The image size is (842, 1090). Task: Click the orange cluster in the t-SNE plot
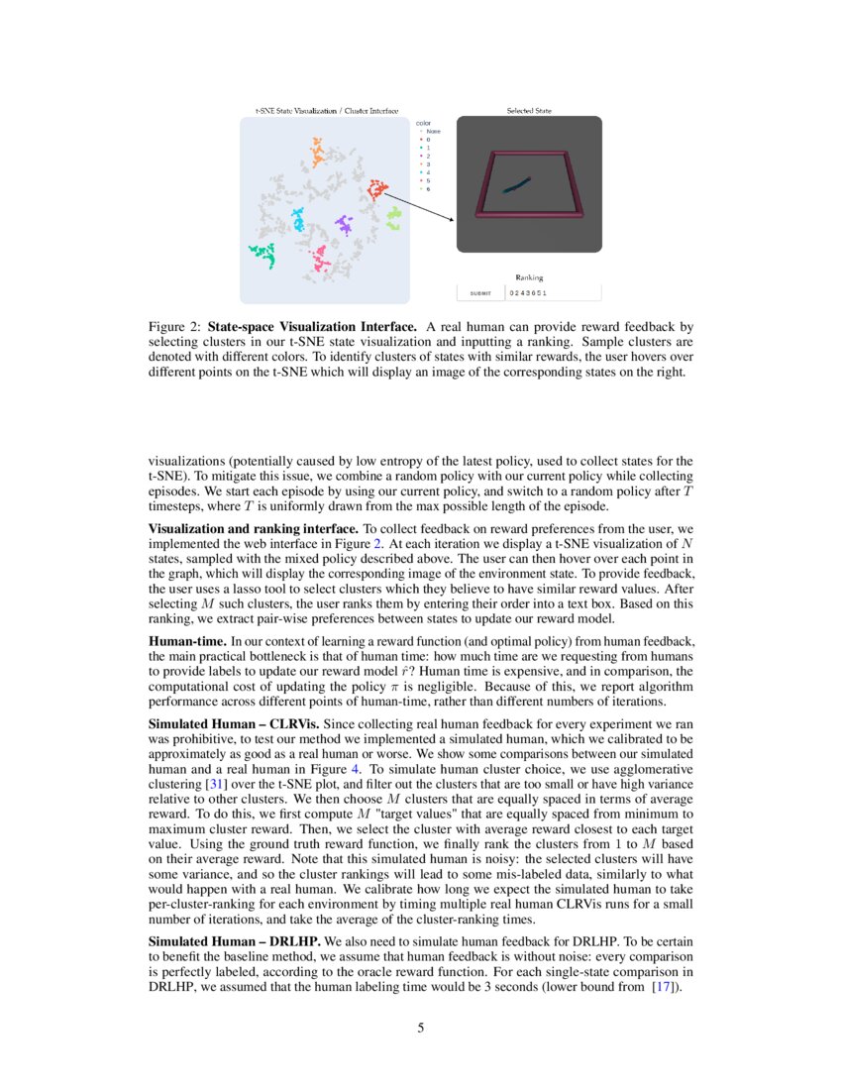[317, 155]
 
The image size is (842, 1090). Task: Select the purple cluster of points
[344, 224]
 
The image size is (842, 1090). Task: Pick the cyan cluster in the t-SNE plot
[297, 219]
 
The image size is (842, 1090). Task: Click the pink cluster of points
[320, 260]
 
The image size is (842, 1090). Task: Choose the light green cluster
[393, 217]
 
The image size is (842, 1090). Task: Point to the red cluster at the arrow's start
[375, 189]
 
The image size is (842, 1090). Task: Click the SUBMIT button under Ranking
[479, 293]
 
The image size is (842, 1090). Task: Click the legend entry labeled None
[433, 131]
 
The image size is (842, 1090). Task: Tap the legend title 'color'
[423, 122]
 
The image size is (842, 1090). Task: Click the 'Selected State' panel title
[529, 111]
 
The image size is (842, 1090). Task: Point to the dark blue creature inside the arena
[516, 184]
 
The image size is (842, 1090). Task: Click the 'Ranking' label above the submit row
[529, 277]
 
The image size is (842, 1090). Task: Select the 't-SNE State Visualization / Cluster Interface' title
[327, 111]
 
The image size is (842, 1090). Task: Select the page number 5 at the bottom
[421, 1028]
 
